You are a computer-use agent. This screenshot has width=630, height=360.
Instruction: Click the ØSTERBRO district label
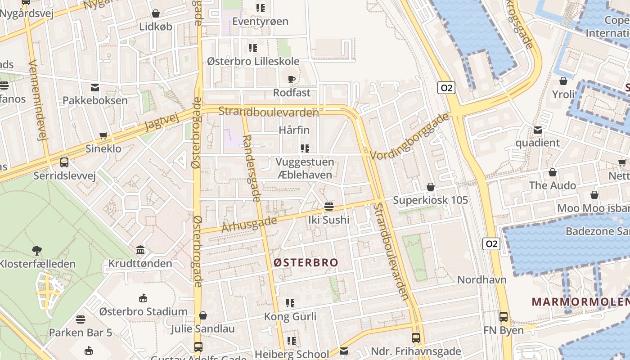click(x=306, y=262)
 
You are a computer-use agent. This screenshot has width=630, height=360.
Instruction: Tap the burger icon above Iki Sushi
click(x=329, y=207)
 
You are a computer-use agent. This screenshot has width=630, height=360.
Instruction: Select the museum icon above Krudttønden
click(x=140, y=250)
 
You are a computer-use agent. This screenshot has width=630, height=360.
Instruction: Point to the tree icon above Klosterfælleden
click(x=37, y=250)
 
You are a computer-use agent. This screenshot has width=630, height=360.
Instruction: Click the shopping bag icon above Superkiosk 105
click(x=431, y=187)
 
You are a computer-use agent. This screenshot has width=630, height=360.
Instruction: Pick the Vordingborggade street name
click(x=410, y=135)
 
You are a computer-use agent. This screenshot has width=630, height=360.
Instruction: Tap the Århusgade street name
click(x=249, y=224)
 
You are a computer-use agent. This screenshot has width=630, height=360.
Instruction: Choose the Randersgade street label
click(x=252, y=168)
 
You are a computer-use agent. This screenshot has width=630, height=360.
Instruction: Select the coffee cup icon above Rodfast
click(x=292, y=80)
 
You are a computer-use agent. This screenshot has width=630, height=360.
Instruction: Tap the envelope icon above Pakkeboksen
click(x=95, y=87)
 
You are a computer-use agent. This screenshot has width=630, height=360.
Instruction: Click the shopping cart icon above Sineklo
click(x=103, y=135)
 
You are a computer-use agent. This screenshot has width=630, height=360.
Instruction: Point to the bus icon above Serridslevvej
click(x=64, y=162)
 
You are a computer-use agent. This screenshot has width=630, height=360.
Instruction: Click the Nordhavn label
click(x=481, y=279)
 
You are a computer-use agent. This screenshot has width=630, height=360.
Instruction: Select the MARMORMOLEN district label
click(x=580, y=301)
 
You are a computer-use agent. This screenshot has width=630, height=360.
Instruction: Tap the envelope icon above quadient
click(x=537, y=130)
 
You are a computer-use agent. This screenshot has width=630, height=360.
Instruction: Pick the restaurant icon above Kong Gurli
click(x=290, y=303)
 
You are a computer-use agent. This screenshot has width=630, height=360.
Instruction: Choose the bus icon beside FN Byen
click(x=504, y=317)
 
